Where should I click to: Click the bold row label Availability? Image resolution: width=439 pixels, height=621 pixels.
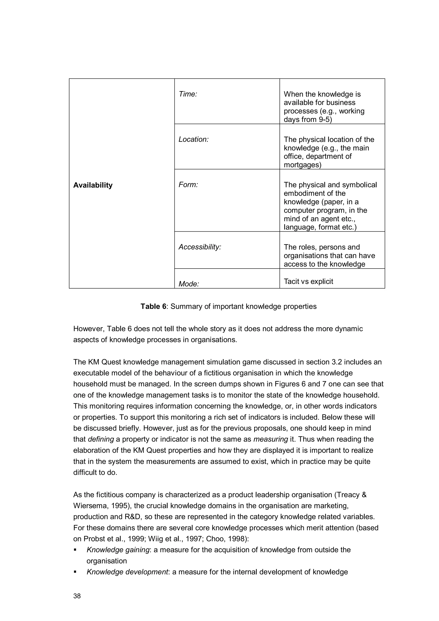[x=93, y=185]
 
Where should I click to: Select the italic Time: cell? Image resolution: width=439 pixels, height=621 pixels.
[x=188, y=94]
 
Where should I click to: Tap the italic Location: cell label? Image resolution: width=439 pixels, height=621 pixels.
[x=193, y=139]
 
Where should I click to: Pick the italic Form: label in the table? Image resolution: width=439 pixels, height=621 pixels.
[x=188, y=185]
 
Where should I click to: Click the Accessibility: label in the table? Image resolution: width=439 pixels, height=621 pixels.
[x=200, y=247]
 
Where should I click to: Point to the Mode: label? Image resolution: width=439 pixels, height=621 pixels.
[x=189, y=284]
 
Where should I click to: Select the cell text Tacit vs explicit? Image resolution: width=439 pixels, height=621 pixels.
[x=308, y=281]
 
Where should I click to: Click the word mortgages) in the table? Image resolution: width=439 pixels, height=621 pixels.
[x=302, y=165]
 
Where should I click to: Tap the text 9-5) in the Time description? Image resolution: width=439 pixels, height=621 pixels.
[x=325, y=119]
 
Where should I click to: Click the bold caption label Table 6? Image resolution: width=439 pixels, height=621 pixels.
[x=153, y=306]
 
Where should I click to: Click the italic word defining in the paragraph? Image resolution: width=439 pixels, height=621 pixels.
[x=101, y=439]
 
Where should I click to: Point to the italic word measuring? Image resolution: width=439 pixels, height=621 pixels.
[x=271, y=439]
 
